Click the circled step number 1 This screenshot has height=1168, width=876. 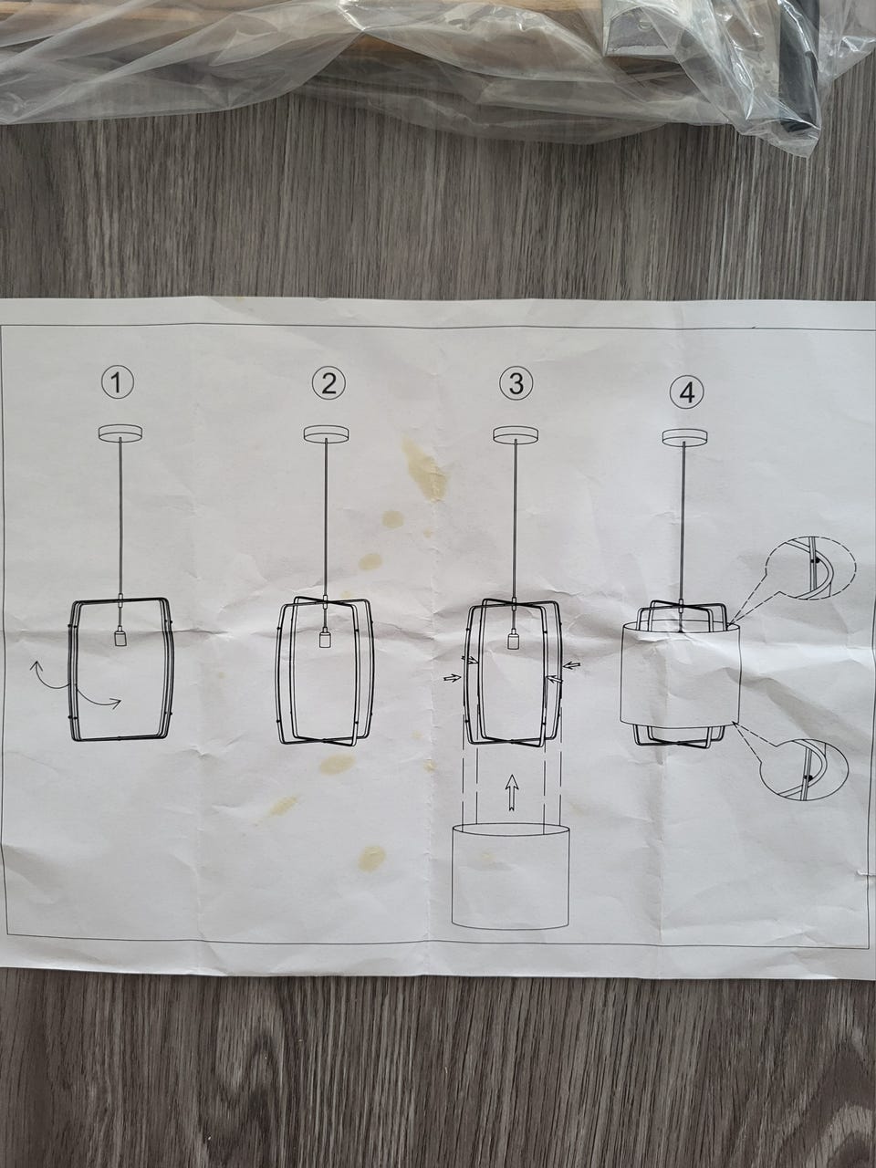(117, 382)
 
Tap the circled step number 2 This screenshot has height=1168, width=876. (328, 383)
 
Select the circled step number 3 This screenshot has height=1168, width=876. (516, 383)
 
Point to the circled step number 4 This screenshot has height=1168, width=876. (686, 394)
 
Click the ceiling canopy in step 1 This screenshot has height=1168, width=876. (120, 433)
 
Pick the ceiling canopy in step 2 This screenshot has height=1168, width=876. (326, 433)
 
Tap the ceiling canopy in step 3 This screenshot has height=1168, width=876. (515, 434)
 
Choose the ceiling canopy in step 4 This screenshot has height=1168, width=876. (683, 436)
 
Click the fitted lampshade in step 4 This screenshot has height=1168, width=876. (681, 674)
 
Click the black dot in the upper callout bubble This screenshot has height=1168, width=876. (814, 559)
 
